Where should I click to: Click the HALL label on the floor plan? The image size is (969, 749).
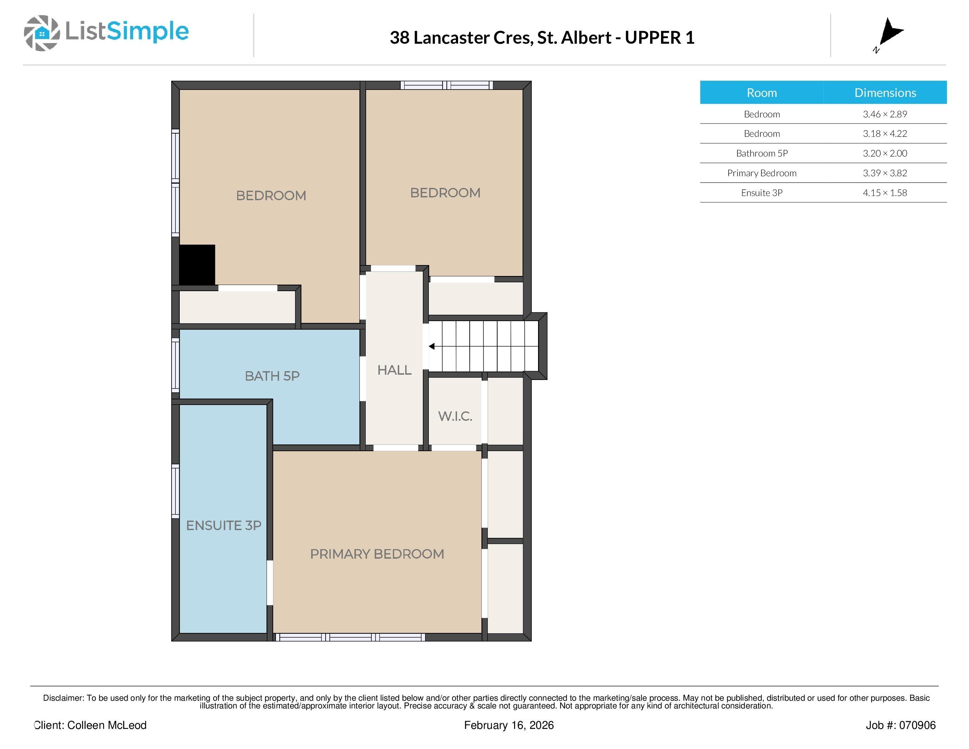[x=394, y=370]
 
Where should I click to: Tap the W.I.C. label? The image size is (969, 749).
[x=455, y=416]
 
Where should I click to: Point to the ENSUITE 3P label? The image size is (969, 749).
[x=224, y=526]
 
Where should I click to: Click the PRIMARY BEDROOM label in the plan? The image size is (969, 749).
[x=377, y=554]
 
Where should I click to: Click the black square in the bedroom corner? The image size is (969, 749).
[x=197, y=265]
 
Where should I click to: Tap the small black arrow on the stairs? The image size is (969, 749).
[x=431, y=346]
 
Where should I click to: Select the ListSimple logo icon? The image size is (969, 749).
[x=42, y=33]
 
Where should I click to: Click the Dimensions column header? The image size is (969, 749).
[x=885, y=93]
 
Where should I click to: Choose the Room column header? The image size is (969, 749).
[x=762, y=93]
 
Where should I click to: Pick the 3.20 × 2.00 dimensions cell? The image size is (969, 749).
[x=885, y=153]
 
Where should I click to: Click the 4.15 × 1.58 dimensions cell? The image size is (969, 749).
[x=885, y=192]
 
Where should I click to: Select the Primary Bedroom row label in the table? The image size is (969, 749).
[x=762, y=173]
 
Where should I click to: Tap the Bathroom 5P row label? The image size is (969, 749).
[x=762, y=153]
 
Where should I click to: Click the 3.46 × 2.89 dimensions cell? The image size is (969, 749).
[x=885, y=114]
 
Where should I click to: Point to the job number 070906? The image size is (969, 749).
[x=916, y=725]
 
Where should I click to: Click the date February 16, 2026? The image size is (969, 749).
[x=509, y=725]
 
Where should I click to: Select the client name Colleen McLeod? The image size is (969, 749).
[x=106, y=725]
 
